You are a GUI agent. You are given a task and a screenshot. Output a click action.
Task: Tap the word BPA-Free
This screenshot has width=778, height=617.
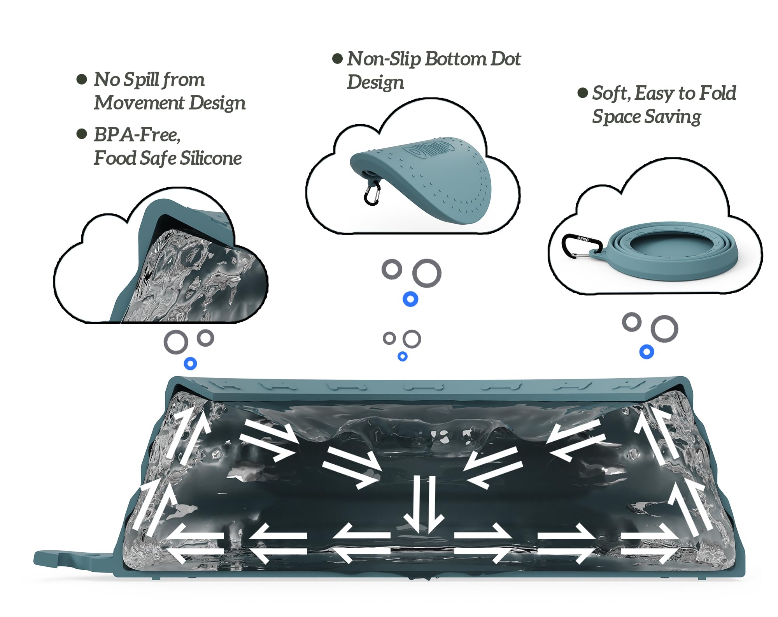pyautogui.click(x=137, y=135)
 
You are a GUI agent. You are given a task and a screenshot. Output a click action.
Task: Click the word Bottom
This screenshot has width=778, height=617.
pyautogui.click(x=456, y=59)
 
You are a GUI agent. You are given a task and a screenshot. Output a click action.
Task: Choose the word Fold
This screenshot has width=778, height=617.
pyautogui.click(x=718, y=93)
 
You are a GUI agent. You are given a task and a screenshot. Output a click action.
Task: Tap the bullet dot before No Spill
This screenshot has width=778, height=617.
pyautogui.click(x=82, y=80)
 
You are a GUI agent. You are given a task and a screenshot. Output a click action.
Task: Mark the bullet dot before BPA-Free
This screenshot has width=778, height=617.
pyautogui.click(x=82, y=134)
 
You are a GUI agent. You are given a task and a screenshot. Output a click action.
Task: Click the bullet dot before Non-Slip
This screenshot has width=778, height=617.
pyautogui.click(x=337, y=59)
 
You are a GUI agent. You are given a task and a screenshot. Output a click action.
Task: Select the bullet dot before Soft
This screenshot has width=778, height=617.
pyautogui.click(x=582, y=93)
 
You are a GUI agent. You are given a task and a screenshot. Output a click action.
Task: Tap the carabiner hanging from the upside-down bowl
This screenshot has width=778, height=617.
pyautogui.click(x=371, y=192)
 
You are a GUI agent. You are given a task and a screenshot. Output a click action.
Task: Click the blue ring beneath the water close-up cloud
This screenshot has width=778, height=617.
pyautogui.click(x=190, y=363)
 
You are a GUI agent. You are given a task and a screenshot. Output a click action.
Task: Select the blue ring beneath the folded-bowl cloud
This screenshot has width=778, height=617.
pyautogui.click(x=647, y=352)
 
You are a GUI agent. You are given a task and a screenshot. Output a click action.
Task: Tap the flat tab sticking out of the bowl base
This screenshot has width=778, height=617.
pyautogui.click(x=74, y=559)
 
